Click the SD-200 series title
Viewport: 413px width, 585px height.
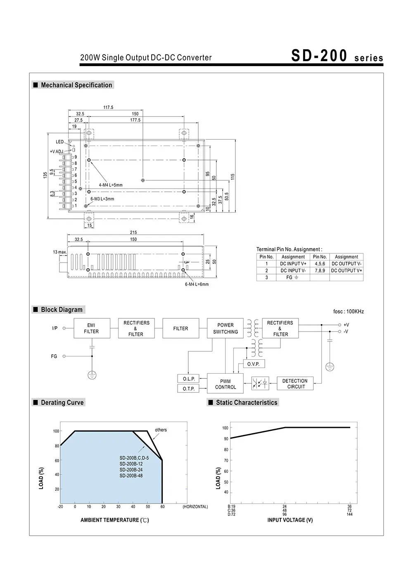(337, 56)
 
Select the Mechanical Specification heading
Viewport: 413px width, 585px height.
(76, 85)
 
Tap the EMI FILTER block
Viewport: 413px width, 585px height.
(91, 329)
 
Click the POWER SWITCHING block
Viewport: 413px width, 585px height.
(225, 329)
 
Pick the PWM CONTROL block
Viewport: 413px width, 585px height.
(225, 384)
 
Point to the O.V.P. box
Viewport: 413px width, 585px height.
(253, 364)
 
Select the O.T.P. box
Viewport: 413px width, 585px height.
(188, 389)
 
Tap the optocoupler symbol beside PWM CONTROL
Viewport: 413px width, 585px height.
(260, 384)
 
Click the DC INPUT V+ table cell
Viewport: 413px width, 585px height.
(293, 264)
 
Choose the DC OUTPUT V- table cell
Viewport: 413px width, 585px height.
(347, 264)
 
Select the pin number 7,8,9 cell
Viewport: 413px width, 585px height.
(320, 270)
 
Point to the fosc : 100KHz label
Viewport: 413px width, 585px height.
(348, 312)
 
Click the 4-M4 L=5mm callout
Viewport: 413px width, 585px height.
(111, 185)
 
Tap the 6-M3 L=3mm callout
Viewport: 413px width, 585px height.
(102, 199)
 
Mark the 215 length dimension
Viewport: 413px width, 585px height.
(133, 233)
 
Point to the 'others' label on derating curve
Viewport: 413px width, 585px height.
(161, 430)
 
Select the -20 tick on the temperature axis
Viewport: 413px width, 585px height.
(60, 507)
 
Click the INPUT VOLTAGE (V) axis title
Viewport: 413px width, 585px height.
(290, 520)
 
